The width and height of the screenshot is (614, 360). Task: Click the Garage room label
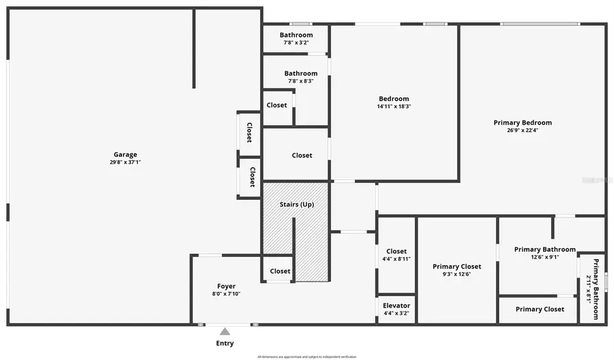point(126,155)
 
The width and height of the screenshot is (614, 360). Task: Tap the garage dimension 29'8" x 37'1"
point(126,162)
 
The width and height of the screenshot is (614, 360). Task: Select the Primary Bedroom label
point(523,123)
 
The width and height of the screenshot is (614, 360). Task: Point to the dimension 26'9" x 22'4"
point(523,130)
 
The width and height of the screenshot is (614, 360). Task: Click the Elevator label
point(396,306)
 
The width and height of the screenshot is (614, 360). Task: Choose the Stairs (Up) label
point(297,204)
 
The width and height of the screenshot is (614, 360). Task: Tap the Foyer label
point(226,286)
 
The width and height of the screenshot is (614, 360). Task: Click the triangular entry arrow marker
point(224,331)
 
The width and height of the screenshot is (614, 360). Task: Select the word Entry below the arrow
point(224,343)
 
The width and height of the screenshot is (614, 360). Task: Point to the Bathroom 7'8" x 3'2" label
point(296,35)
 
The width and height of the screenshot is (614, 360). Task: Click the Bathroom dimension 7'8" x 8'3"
point(301,81)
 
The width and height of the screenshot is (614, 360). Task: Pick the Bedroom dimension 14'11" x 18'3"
point(394,106)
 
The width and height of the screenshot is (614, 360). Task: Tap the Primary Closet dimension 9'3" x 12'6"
point(456,274)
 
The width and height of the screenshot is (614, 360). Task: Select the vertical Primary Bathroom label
point(595,289)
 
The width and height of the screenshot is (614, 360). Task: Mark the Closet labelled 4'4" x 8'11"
point(396,252)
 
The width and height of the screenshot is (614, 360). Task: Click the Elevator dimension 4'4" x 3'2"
point(396,314)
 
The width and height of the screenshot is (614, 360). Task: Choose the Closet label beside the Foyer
point(280,271)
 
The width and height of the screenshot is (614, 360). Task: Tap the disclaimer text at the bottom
point(306,357)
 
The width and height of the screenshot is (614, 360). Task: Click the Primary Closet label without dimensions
point(540,309)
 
